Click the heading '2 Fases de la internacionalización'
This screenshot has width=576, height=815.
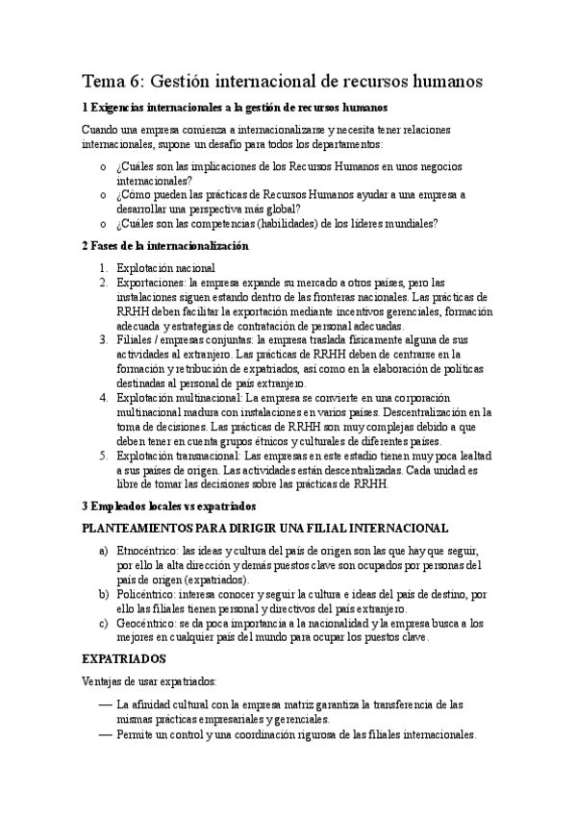[165, 245]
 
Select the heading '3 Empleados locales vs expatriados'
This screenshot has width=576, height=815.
[168, 505]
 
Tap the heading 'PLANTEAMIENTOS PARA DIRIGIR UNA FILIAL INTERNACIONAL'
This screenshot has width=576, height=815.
[265, 528]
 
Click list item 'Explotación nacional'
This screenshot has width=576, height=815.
[165, 269]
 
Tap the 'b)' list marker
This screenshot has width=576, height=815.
[103, 595]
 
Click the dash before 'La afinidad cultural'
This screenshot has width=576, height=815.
[105, 704]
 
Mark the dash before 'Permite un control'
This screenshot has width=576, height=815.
[105, 733]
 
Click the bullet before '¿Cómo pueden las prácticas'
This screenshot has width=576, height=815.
[104, 194]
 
